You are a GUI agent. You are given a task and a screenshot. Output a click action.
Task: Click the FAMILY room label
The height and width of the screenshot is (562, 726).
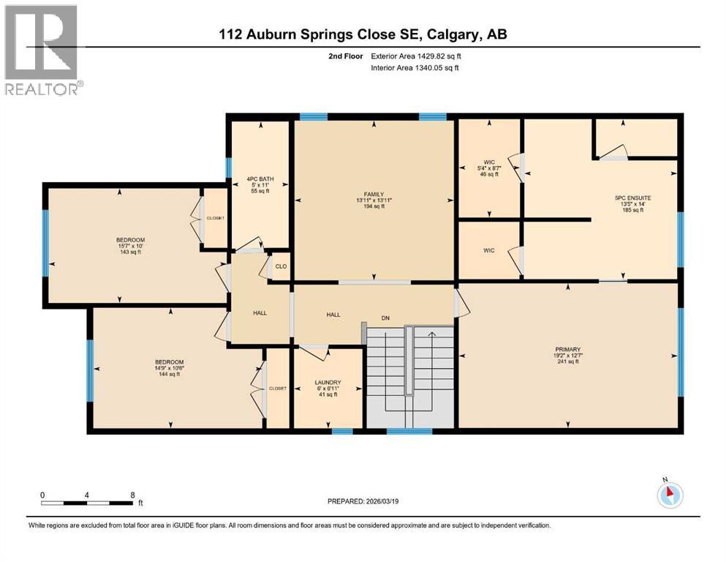coord(374,194)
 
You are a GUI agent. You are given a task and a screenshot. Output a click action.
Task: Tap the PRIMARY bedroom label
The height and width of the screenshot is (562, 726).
coord(567,349)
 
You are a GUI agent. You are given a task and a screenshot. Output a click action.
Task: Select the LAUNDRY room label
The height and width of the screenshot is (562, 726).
coord(328,382)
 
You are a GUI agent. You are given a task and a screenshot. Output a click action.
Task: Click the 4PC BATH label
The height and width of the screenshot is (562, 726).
coord(260,178)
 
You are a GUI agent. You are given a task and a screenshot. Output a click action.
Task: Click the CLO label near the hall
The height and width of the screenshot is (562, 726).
coord(280,267)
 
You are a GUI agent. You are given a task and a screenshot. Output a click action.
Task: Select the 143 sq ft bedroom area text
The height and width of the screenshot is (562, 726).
coord(131,252)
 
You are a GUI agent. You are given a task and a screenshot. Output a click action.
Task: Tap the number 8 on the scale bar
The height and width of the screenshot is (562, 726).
coord(132,495)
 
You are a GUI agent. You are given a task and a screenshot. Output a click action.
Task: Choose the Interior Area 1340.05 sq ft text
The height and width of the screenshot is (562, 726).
coord(413,68)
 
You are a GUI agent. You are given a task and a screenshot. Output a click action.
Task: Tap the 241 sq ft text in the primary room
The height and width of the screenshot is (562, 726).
coord(567,361)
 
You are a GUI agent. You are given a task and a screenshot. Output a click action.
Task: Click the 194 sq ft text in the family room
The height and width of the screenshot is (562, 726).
coord(374,206)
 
